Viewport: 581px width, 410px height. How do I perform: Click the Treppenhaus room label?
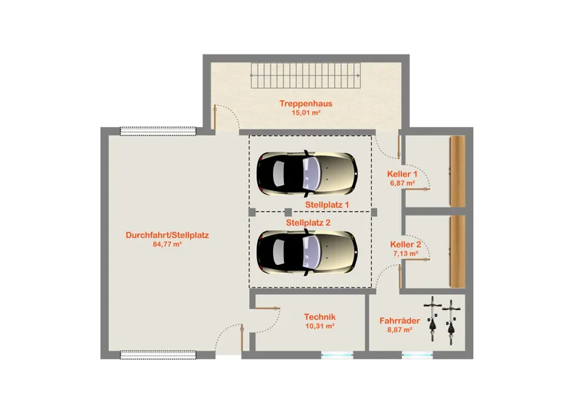[x=306, y=104]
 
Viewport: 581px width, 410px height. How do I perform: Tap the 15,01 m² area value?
[x=306, y=112]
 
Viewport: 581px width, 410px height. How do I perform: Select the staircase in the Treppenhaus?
[x=305, y=75]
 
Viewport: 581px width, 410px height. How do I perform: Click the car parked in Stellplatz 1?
[x=307, y=173]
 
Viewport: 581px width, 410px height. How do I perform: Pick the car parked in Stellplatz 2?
[x=307, y=252]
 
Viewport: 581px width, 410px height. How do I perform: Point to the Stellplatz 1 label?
[x=327, y=205]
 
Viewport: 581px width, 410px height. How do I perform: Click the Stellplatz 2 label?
[x=308, y=223]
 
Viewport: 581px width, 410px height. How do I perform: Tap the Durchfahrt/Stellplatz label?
[x=167, y=235]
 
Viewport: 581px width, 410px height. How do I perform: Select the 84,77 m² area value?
[x=167, y=244]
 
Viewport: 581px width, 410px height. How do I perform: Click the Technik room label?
[x=320, y=317]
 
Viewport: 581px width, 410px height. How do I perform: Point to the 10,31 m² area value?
[x=320, y=326]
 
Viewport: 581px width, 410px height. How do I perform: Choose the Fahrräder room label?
[x=399, y=321]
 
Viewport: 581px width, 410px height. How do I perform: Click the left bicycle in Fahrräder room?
[x=432, y=319]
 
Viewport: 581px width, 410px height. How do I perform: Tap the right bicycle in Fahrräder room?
[x=450, y=322]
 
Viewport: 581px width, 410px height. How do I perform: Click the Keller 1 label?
[x=402, y=174]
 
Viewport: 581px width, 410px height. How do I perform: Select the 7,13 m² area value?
[x=405, y=253]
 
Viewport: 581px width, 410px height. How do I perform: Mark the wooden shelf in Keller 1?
[x=458, y=171]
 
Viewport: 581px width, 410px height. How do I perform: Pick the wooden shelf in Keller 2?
[x=458, y=252]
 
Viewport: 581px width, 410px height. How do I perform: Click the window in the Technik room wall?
[x=337, y=355]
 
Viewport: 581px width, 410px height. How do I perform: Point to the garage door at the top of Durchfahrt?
[x=158, y=131]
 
